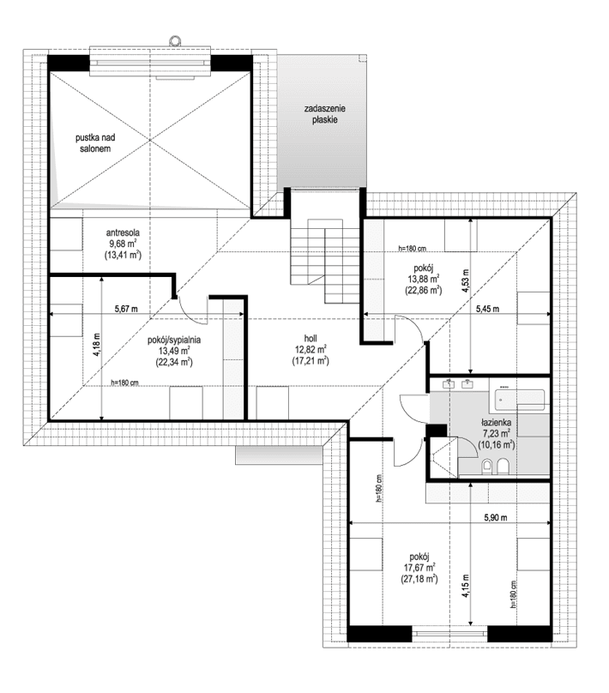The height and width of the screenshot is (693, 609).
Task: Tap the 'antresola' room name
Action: pos(123,232)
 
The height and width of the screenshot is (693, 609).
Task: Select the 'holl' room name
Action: pos(309,337)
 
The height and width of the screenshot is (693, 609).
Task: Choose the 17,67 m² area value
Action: pos(419,567)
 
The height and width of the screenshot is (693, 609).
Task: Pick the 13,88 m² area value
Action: pos(423,279)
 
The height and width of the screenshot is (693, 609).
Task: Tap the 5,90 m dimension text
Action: pos(496,518)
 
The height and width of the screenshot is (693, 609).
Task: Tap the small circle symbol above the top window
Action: pos(175,39)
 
